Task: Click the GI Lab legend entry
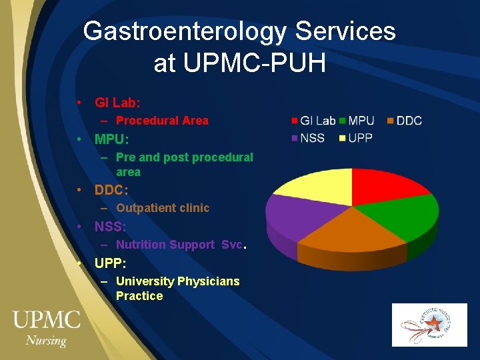(x=313, y=121)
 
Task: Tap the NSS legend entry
(x=308, y=138)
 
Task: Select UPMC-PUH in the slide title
(x=240, y=63)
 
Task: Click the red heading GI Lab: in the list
(x=117, y=103)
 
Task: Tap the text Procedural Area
(x=162, y=121)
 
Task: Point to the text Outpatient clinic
(x=163, y=208)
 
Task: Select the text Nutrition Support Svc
(x=180, y=245)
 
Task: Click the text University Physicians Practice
(x=177, y=288)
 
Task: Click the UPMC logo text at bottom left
(x=46, y=320)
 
